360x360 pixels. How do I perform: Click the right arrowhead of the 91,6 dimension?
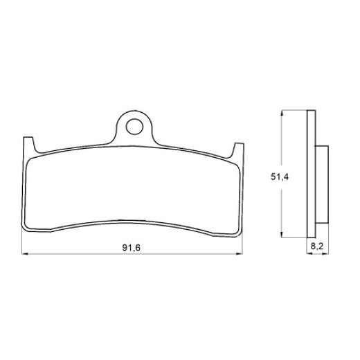pyautogui.click(x=241, y=255)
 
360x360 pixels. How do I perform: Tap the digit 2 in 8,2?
pyautogui.click(x=319, y=245)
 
